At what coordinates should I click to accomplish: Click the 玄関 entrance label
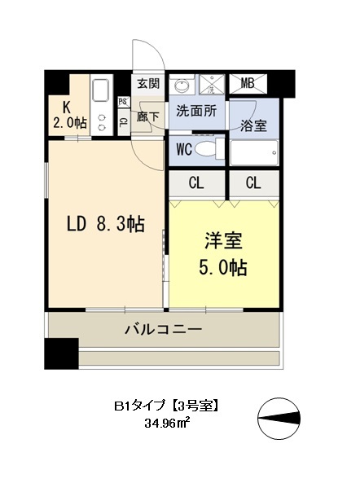click(148, 83)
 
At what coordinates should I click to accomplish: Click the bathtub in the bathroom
click(253, 153)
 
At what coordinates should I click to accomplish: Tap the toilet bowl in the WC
click(211, 150)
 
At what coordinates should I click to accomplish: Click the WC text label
click(184, 150)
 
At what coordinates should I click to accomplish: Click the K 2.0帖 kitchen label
click(68, 114)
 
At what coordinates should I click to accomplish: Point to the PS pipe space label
click(123, 103)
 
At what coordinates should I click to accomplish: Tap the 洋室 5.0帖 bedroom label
click(225, 253)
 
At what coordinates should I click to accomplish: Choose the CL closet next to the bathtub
click(253, 183)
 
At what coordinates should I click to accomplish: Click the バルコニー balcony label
click(163, 330)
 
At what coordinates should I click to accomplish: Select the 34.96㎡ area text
click(169, 424)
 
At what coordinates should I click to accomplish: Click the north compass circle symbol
click(276, 417)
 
